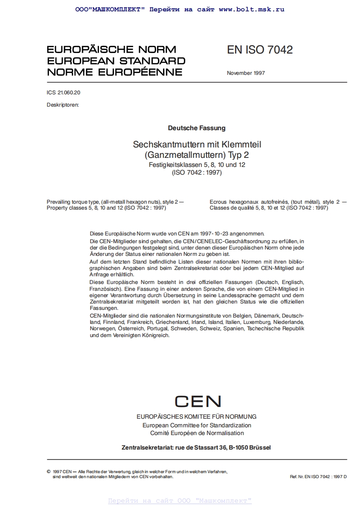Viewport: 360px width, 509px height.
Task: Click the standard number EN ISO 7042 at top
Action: (260, 50)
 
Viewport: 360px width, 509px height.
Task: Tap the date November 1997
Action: (246, 73)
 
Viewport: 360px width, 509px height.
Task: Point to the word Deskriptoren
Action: (63, 105)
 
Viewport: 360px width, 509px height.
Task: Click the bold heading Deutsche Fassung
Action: (197, 128)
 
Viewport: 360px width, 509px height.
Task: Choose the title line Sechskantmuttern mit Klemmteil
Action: (197, 145)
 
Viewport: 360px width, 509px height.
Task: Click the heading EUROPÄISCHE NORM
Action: (111, 49)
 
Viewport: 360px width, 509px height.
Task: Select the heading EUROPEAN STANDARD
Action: (116, 61)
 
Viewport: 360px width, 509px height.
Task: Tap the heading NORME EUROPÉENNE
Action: (114, 72)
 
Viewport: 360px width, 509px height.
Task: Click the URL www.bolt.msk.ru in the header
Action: (251, 9)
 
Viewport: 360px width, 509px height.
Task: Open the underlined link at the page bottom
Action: (180, 501)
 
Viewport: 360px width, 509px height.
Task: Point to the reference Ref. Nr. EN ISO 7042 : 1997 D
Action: (318, 477)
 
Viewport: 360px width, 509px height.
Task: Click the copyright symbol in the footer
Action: (49, 472)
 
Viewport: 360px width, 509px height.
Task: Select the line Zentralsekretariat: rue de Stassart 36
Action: (196, 447)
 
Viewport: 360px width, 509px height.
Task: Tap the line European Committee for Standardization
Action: (197, 426)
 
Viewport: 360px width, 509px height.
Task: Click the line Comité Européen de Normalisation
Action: (197, 433)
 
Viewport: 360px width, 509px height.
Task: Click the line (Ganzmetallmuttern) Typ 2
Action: (197, 155)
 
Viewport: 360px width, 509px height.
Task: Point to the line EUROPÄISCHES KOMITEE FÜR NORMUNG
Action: (197, 416)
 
